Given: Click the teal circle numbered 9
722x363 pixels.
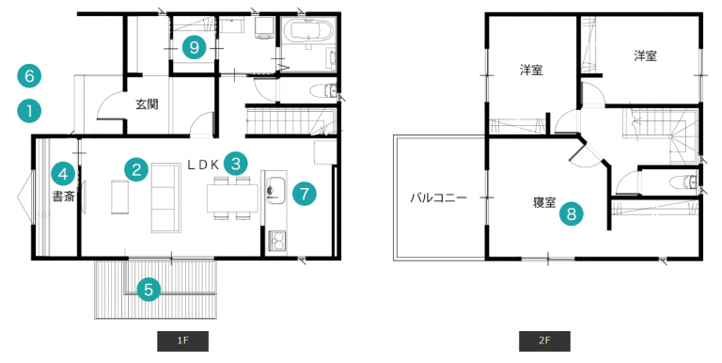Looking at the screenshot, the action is (x=194, y=47).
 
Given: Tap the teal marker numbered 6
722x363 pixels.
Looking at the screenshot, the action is (x=29, y=75).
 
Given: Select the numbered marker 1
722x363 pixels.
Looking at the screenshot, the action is (x=29, y=111).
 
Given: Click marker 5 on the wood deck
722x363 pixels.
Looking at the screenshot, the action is (x=149, y=290).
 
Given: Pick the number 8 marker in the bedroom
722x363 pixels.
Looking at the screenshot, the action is (x=572, y=213).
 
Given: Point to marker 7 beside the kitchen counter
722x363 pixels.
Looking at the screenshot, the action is (x=305, y=194).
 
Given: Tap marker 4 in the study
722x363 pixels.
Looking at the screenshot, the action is (x=63, y=173).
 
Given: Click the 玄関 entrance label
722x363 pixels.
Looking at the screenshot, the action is (x=147, y=104).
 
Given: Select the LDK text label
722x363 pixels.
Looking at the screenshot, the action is (x=203, y=166).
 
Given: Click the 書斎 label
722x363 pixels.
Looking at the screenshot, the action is (x=63, y=197).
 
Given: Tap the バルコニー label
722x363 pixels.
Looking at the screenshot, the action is (x=439, y=198).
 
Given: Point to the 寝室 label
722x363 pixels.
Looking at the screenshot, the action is (x=544, y=202).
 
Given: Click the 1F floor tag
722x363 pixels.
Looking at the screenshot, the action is (x=182, y=340).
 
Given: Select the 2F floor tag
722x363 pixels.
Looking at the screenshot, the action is (x=544, y=340).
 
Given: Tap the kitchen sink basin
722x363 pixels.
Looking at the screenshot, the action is (x=275, y=190).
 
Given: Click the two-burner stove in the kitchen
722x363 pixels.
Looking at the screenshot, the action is (x=276, y=241).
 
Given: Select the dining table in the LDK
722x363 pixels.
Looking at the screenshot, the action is (x=232, y=198).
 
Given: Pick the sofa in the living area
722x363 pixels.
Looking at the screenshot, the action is (x=165, y=197).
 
